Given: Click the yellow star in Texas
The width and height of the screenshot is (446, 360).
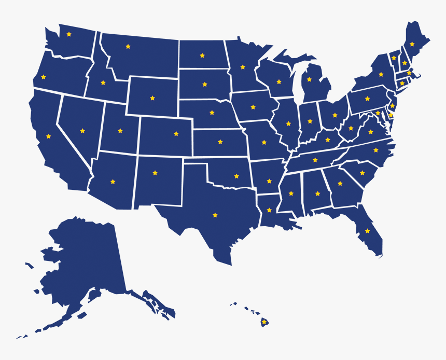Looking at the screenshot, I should (215, 215).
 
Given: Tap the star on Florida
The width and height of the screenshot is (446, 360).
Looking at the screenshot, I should (367, 231).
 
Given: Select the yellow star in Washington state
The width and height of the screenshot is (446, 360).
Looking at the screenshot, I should (69, 34).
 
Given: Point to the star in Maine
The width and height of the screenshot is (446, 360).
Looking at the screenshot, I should (412, 44).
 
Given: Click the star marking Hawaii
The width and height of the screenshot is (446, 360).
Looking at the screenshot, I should (264, 322).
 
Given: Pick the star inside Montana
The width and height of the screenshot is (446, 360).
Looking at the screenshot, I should (128, 47).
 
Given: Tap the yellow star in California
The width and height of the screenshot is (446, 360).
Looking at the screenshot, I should (48, 136).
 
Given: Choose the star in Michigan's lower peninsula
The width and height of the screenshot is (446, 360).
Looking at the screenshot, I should (309, 79).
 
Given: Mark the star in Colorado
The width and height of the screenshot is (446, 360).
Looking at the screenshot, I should (176, 134).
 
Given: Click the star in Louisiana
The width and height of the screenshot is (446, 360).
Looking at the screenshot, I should (269, 210).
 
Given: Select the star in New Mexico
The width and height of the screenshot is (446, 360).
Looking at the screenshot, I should (155, 173).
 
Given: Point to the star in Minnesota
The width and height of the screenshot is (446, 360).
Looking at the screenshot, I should (242, 67).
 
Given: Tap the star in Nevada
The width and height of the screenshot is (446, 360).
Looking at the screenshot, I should (82, 131).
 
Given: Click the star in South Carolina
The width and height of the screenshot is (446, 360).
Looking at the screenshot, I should (362, 173).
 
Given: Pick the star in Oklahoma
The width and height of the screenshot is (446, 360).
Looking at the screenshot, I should (236, 176).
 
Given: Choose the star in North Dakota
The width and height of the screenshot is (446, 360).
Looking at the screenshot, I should (202, 56).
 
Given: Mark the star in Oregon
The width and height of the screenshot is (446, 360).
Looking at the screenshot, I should (43, 77).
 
